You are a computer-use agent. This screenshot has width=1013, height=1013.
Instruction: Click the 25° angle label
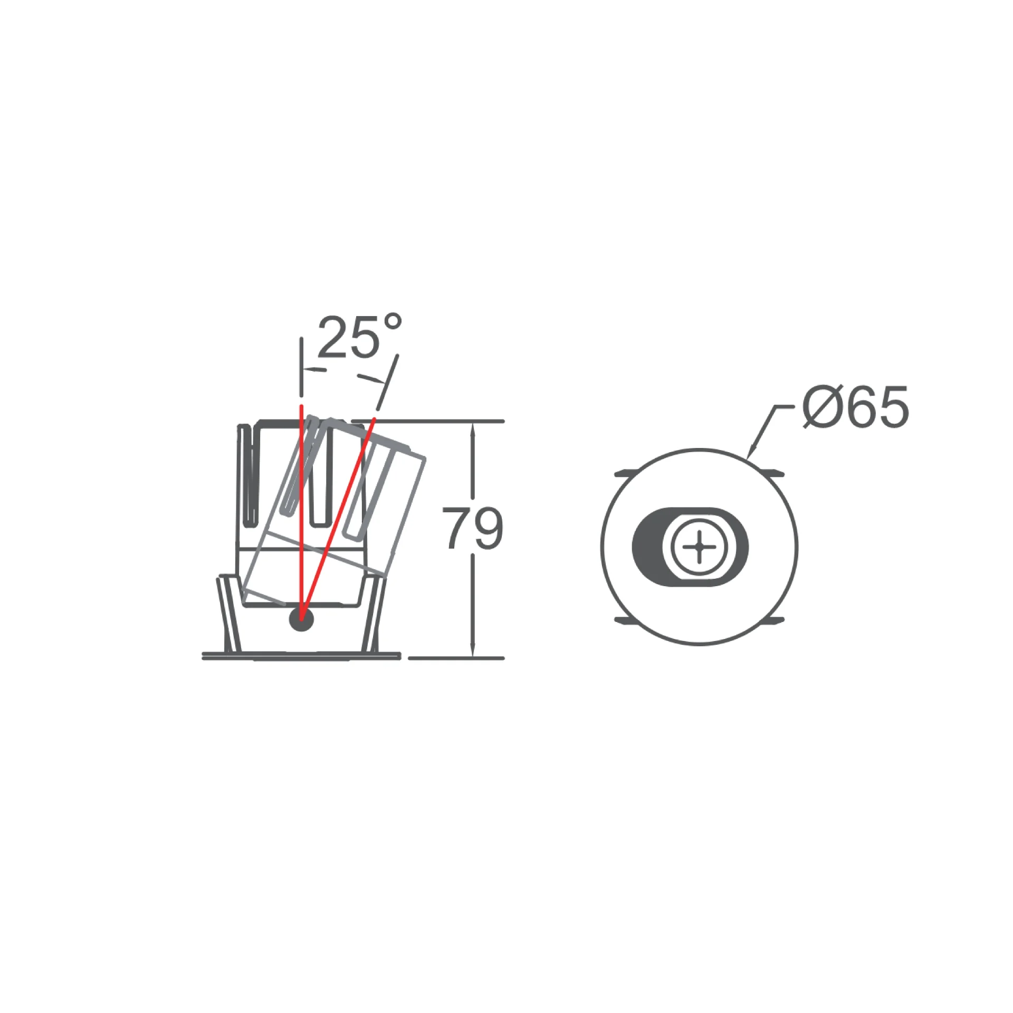(x=360, y=337)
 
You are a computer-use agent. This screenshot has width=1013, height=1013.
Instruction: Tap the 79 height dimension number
(x=473, y=528)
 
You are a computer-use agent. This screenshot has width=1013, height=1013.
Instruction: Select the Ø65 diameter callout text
(x=855, y=406)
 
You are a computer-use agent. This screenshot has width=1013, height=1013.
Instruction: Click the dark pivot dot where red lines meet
(x=301, y=619)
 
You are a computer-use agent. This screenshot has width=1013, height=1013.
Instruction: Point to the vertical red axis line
(x=301, y=512)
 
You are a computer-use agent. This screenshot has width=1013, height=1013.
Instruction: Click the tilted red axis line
(x=338, y=519)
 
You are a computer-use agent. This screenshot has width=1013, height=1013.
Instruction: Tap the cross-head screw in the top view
(x=700, y=547)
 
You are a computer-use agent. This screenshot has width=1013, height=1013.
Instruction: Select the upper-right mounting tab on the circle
(x=770, y=473)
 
